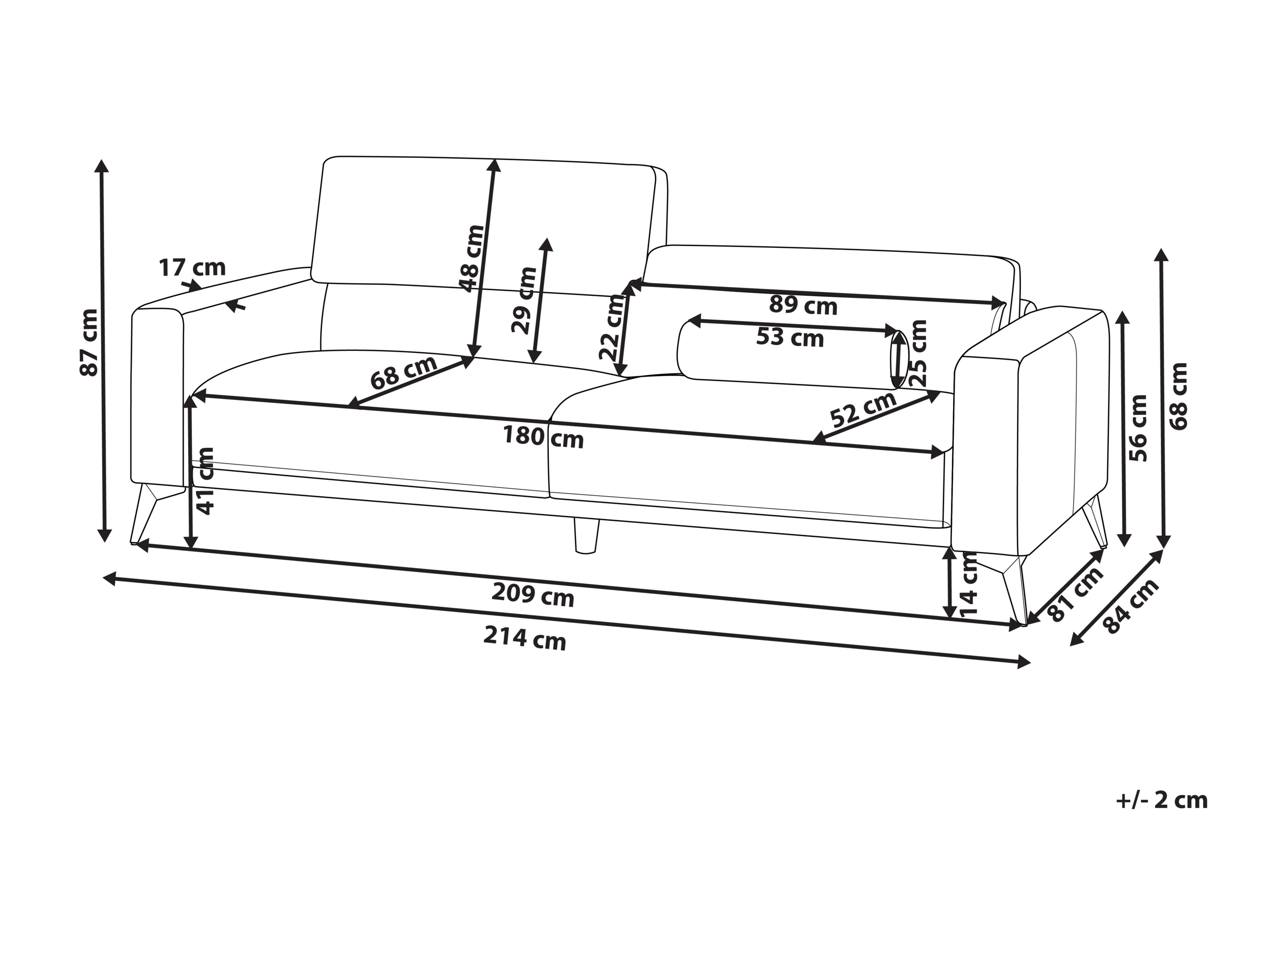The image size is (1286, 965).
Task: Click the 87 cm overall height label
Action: [x=89, y=342]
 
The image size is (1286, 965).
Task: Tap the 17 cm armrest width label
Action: [x=192, y=267]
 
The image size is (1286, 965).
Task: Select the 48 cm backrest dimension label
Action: [x=472, y=258]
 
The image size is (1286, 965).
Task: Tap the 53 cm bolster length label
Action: [x=790, y=337]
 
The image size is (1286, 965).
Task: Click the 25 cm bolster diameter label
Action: [x=919, y=353]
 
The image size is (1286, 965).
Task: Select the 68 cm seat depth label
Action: [x=404, y=373]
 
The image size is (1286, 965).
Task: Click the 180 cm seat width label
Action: [x=543, y=437]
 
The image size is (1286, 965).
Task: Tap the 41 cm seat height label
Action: [x=205, y=481]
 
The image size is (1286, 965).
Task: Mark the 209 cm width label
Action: [x=533, y=594]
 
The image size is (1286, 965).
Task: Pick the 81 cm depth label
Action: [x=1075, y=594]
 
